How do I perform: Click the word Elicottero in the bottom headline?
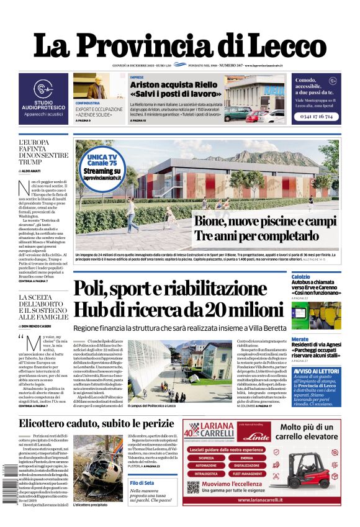pos(46,423)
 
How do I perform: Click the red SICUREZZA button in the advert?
pos(206,457)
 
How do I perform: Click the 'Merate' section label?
pos(300,339)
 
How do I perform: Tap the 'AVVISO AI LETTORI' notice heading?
pos(315,371)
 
